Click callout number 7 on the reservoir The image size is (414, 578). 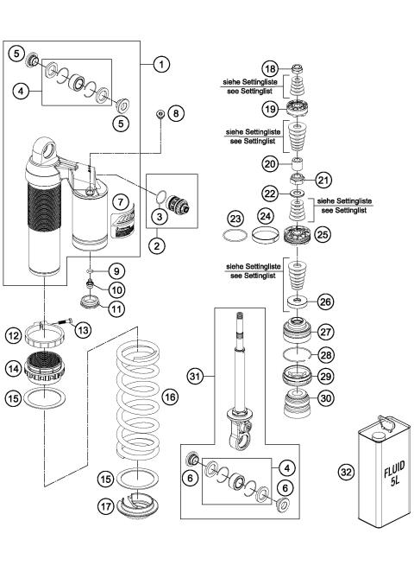(122, 200)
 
